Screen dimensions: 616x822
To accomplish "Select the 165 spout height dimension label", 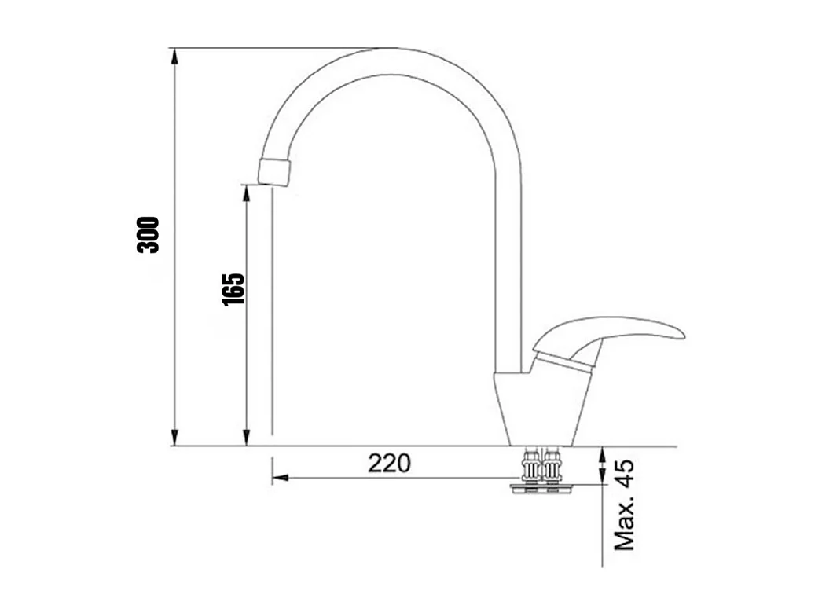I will click(x=233, y=289).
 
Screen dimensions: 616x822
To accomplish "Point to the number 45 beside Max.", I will click(x=625, y=475).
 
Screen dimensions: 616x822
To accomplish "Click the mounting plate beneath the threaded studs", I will click(x=543, y=489).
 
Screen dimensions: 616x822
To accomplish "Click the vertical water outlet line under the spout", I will click(x=272, y=314).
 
